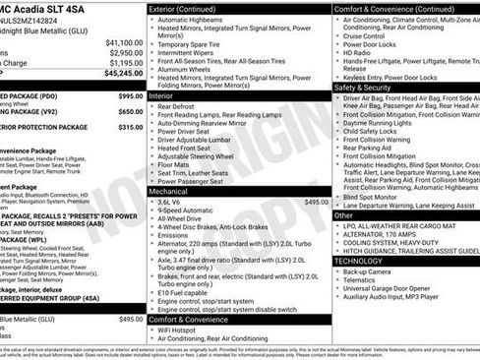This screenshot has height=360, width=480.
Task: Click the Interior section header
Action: [161, 96]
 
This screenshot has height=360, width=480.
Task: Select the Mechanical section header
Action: [168, 191]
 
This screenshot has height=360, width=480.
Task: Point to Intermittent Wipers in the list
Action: [190, 53]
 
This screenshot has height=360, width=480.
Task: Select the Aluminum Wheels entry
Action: [186, 71]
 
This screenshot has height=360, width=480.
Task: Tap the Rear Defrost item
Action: [180, 107]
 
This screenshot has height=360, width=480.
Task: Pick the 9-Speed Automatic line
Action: [189, 210]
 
